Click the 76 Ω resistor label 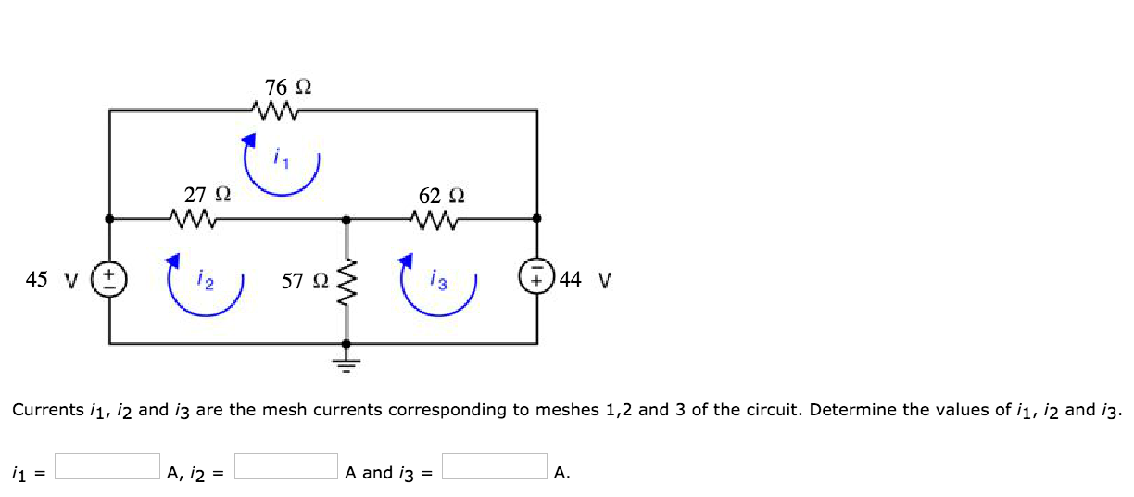pos(287,88)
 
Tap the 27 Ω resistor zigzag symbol pos(194,221)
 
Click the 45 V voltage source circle pos(108,279)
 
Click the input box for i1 pos(107,465)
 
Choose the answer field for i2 pos(286,465)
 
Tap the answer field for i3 pos(494,465)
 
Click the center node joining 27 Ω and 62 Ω pos(347,220)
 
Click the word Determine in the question pos(844,410)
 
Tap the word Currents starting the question pos(46,410)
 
